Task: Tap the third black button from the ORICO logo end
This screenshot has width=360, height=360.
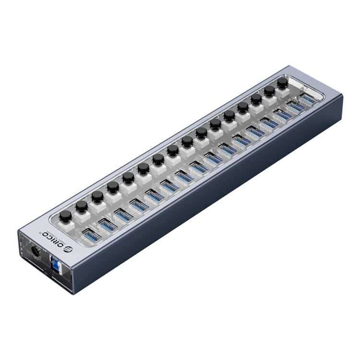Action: click(97, 196)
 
